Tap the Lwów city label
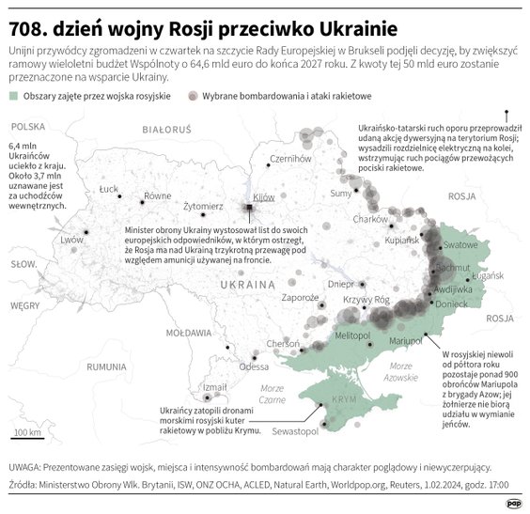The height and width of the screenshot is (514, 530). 72,240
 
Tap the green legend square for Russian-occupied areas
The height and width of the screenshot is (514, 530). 13,97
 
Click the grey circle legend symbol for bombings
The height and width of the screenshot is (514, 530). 193,97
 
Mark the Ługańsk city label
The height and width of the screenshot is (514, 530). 490,278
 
